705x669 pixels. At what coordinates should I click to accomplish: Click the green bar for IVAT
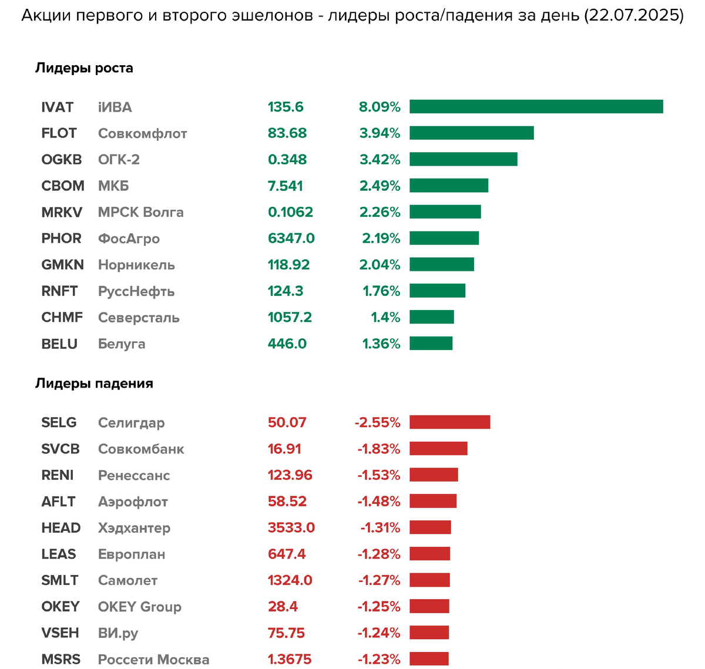pos(536,106)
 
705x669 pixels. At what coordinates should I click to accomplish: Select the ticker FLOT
pos(59,133)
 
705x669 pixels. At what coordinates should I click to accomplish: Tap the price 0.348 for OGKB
pos(287,160)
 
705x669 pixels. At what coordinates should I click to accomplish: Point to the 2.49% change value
pos(380,186)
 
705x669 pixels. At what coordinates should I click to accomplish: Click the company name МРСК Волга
pos(140,212)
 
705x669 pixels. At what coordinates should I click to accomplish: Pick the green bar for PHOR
pos(444,238)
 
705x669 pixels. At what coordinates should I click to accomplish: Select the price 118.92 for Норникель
pos(288,265)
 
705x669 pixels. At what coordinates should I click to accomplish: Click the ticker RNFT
pos(59,291)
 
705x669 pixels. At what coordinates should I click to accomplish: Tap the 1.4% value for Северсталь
pos(385,318)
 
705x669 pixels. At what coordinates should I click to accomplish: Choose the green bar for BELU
pos(431,343)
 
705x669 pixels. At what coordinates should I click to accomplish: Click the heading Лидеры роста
pos(84,68)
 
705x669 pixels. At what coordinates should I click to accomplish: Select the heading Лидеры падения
pos(94,384)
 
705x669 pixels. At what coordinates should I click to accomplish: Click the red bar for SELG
pos(449,422)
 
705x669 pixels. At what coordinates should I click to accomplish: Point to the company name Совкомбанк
pos(141,449)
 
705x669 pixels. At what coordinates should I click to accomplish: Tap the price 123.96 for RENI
pos(290,475)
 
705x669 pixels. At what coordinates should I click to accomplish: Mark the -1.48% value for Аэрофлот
pos(378,502)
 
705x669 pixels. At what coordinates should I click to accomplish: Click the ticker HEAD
pos(61,528)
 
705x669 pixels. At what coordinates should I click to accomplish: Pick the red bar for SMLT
pos(429,580)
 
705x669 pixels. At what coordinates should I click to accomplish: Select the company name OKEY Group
pos(139,607)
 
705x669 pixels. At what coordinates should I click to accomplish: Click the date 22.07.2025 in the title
pos(633,16)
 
